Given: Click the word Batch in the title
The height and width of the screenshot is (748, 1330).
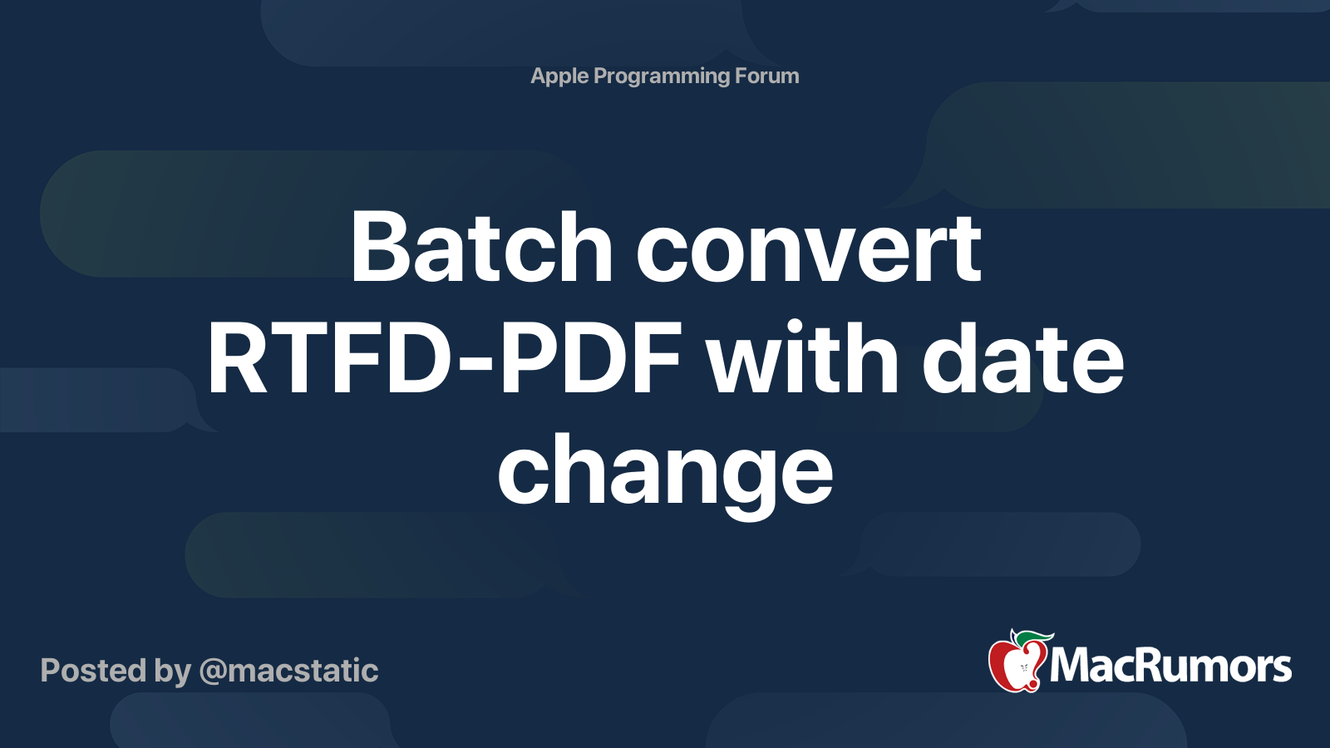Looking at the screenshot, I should [480, 248].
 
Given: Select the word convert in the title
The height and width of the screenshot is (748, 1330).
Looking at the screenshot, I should [808, 248].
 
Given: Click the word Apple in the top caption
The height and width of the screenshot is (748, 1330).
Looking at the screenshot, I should [559, 76].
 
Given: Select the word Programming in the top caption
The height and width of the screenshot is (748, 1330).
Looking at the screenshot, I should [661, 76].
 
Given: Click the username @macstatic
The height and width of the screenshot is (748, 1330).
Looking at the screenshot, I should [289, 671].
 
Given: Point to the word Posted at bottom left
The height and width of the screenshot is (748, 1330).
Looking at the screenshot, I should [93, 671].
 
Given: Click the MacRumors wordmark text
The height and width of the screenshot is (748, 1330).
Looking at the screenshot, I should [1170, 666].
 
